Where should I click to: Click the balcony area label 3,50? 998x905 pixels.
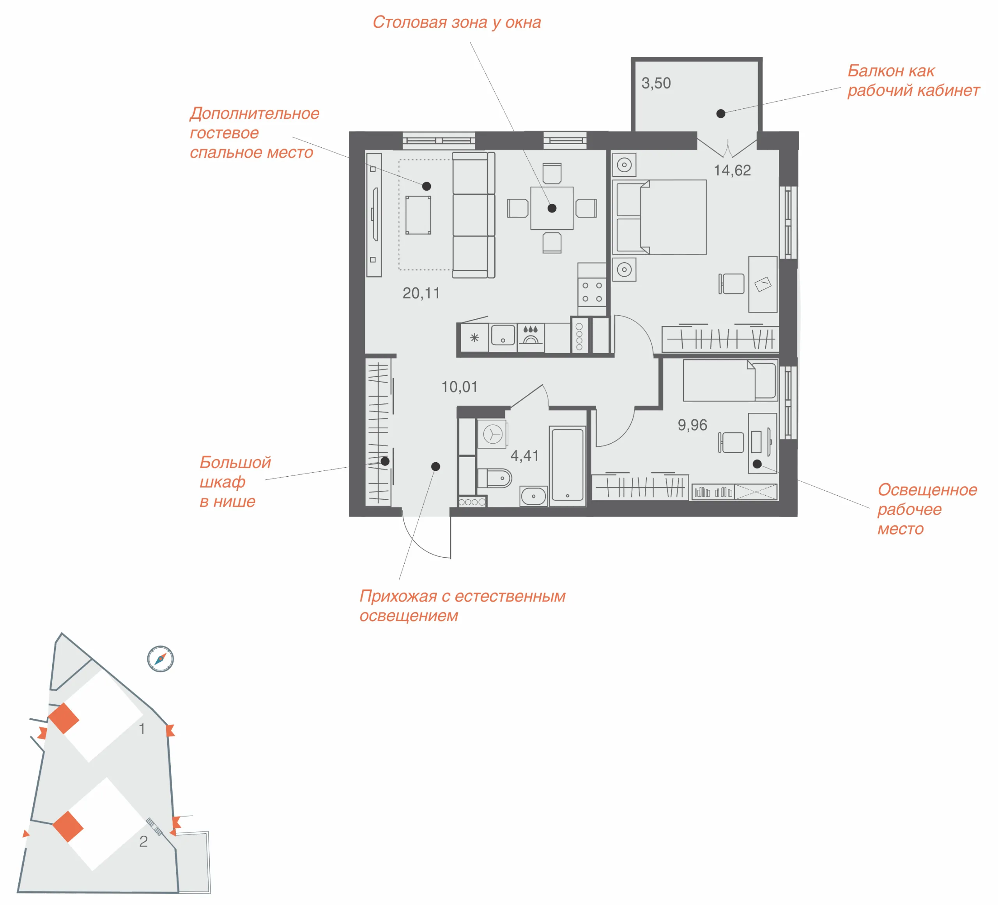[x=656, y=83]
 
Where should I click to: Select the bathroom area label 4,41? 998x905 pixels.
[x=525, y=456]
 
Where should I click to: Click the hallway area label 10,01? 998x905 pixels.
[x=459, y=387]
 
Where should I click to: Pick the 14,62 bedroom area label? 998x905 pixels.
[x=732, y=170]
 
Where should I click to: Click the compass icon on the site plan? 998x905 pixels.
[x=160, y=659]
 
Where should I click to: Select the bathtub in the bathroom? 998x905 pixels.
[x=567, y=465]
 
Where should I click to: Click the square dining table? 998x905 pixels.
[x=552, y=208]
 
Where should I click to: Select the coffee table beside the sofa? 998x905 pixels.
[x=418, y=215]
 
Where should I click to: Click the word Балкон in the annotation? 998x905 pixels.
[x=876, y=71]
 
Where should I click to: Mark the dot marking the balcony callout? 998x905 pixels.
[x=721, y=114]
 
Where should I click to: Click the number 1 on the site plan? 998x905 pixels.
[x=142, y=728]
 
